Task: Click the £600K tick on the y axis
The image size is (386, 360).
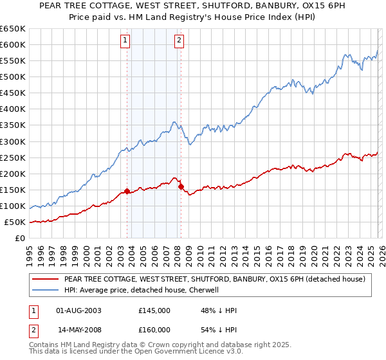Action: coord(13,44)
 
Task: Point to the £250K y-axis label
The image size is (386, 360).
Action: coord(13,157)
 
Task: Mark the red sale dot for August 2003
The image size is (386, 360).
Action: coord(127,191)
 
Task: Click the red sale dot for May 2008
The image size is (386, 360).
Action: coord(181,186)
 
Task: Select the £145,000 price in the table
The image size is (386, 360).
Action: coord(154,310)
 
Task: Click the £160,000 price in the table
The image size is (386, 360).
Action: coord(154,330)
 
